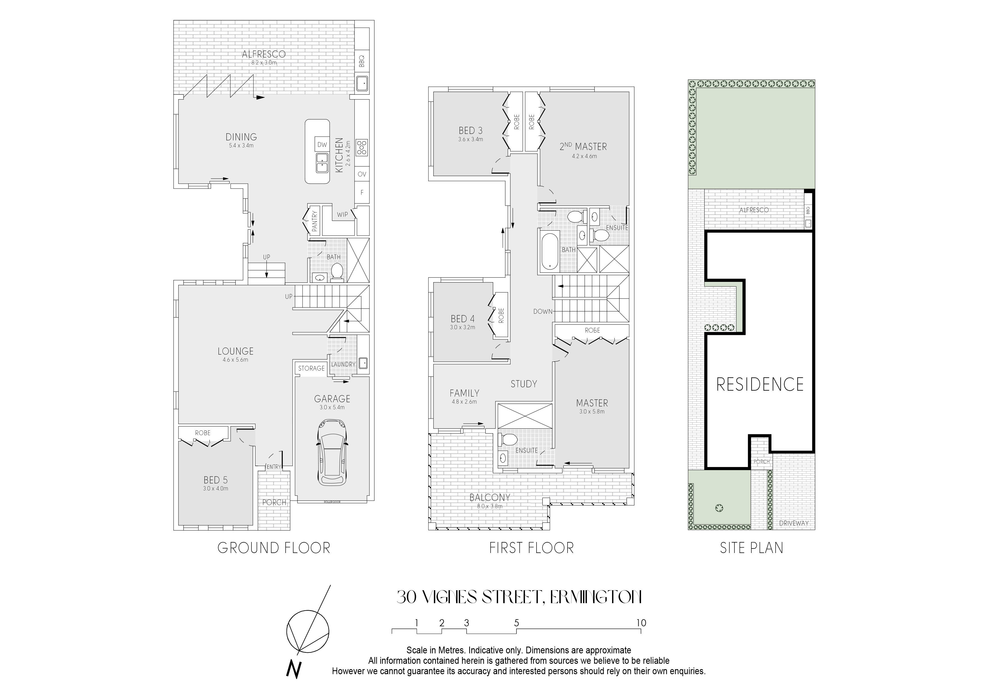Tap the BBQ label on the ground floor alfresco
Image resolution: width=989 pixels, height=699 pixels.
(x=362, y=62)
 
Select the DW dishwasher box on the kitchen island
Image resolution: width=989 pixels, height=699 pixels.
(x=322, y=145)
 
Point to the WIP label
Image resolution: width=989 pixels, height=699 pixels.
(x=343, y=214)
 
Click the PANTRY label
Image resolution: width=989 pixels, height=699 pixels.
(x=314, y=221)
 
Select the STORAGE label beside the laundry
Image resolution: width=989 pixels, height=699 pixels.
(x=312, y=368)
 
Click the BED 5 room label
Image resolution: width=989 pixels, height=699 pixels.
(x=216, y=480)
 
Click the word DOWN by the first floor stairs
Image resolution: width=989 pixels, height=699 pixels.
(x=543, y=311)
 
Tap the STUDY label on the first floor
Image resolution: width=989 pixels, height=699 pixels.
(x=524, y=384)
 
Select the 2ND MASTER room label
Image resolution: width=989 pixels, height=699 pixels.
(x=583, y=147)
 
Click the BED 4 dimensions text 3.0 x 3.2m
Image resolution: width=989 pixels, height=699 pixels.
(x=463, y=327)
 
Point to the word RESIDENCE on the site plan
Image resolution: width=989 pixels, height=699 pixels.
(x=760, y=384)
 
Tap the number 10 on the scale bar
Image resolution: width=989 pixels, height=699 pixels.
(x=641, y=623)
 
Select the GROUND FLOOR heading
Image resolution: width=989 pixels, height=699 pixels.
(x=274, y=548)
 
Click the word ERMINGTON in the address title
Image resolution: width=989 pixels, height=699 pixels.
(x=596, y=597)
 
